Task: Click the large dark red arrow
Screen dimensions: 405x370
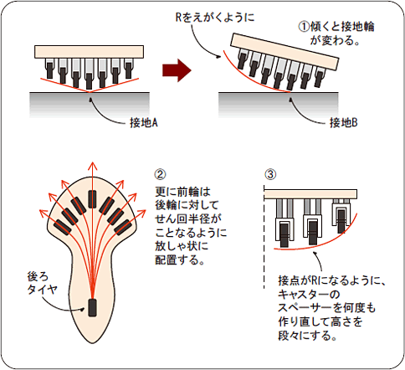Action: (x=177, y=70)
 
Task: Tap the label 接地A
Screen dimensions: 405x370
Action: (x=144, y=122)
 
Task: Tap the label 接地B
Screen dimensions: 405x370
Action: (x=343, y=122)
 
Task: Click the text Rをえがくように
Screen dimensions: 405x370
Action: (x=215, y=18)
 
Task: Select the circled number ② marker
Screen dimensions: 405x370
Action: (x=160, y=174)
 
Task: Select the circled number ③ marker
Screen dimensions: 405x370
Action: (x=270, y=174)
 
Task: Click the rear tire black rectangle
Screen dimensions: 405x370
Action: (x=92, y=307)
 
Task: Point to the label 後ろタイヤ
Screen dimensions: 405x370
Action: (x=42, y=283)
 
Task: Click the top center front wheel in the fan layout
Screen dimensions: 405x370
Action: (x=92, y=199)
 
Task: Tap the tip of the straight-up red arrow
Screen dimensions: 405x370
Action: (x=92, y=162)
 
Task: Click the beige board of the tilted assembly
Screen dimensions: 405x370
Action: (x=285, y=52)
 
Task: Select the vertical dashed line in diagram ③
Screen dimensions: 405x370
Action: (x=264, y=237)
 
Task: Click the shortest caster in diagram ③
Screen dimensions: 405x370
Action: (x=341, y=216)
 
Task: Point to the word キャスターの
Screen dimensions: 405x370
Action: (x=309, y=295)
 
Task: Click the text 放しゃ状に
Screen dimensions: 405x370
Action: (x=182, y=246)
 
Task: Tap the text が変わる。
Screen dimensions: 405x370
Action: (x=335, y=40)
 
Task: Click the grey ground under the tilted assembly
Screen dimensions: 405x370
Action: (x=279, y=105)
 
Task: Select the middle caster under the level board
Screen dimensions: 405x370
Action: (x=89, y=74)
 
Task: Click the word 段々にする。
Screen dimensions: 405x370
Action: (x=308, y=336)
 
